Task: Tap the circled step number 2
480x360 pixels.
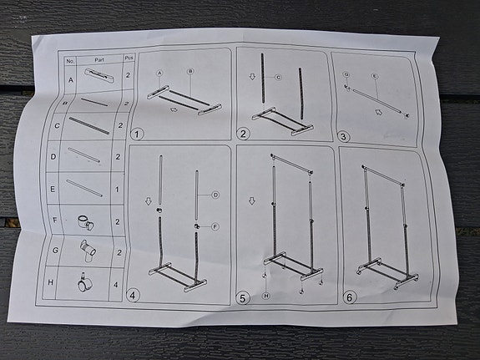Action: [244, 133]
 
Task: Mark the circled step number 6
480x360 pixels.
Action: [349, 297]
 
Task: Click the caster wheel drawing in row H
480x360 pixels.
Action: [83, 283]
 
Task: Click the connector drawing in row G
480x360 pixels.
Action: [86, 249]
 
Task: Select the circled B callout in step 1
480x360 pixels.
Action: [190, 72]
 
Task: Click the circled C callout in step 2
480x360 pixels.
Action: [278, 78]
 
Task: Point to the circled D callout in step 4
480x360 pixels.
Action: [215, 195]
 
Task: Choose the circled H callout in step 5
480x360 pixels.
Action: [265, 296]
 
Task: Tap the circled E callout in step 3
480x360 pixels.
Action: [375, 76]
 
